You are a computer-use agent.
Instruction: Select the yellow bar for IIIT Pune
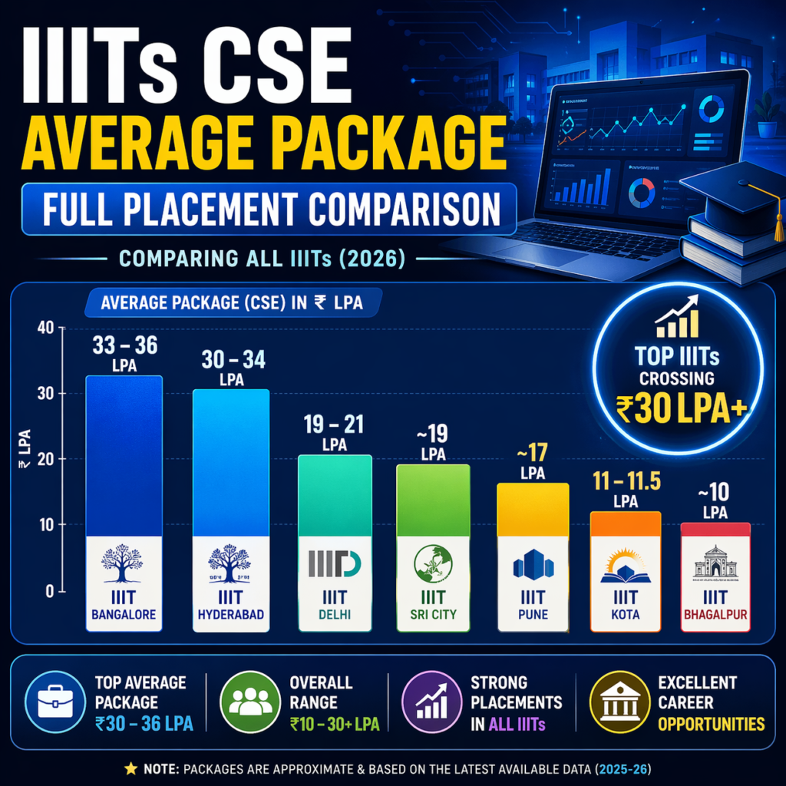click(x=533, y=510)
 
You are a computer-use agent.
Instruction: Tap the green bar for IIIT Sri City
click(x=433, y=500)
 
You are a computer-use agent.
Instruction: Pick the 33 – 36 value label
click(x=124, y=346)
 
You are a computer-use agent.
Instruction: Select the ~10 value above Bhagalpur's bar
click(x=715, y=491)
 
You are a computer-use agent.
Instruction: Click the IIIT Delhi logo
click(x=334, y=563)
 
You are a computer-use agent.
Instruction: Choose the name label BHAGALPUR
click(x=715, y=615)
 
